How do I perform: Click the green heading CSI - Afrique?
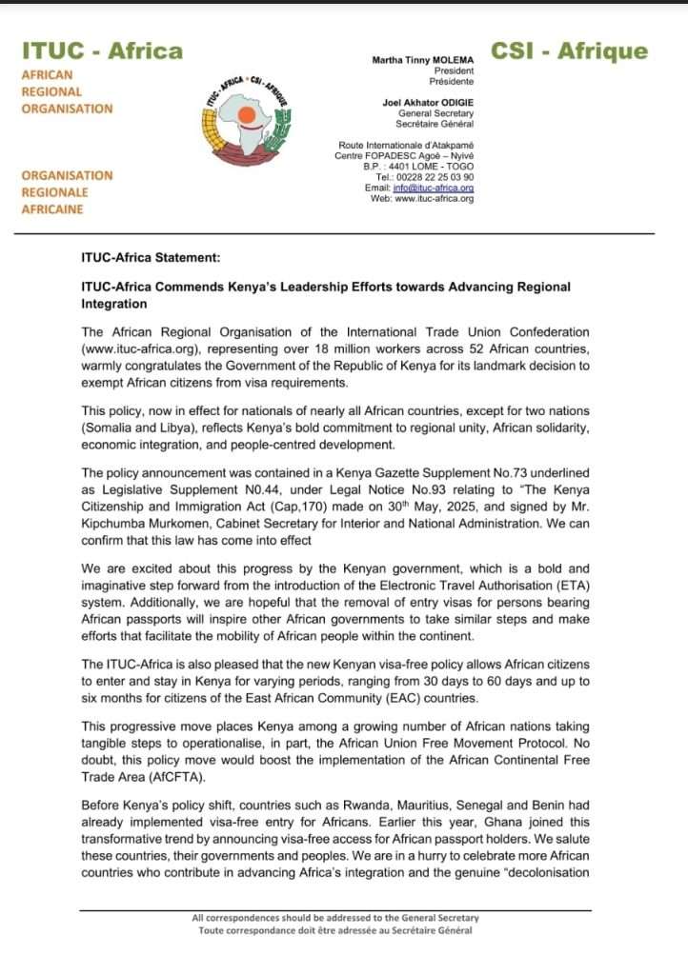(569, 51)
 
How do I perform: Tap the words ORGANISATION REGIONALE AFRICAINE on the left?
(67, 192)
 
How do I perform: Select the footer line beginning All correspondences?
(335, 918)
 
